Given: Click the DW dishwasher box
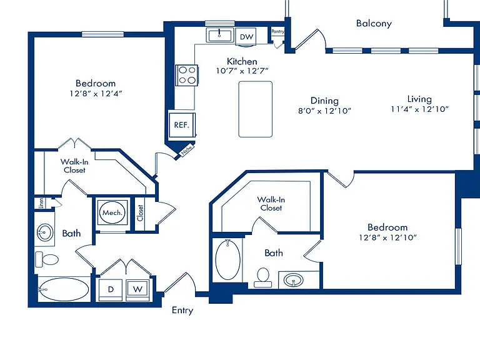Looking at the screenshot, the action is coord(246,37).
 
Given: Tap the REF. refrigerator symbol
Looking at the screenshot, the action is coord(182,125).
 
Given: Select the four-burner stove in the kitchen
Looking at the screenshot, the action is coord(187,75).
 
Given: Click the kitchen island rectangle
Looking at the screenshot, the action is coord(255,109).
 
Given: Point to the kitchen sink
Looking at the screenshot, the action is coord(219,35).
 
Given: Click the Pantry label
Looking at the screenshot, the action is coord(277,31).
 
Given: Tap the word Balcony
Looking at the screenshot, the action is coord(374,24).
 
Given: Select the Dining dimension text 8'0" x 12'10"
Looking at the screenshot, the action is coord(324,111).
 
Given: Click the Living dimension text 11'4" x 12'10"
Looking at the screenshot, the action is coord(419,109).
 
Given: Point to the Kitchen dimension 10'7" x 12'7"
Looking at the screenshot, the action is coord(242,71).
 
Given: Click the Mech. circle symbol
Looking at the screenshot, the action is coord(112,212).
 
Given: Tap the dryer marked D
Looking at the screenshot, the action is coord(111,289).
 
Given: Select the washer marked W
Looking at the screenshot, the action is coord(137,289).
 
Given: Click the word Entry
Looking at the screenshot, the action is coord(182,311).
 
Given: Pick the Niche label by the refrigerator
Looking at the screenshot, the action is coord(187,150).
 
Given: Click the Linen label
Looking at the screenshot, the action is coord(41,203).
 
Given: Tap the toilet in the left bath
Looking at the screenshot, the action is coord(47,259).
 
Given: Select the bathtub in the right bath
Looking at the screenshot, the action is coord(227,259).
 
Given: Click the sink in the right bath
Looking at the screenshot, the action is coord(294,280).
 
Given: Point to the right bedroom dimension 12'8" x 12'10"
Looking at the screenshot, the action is coord(388,237).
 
